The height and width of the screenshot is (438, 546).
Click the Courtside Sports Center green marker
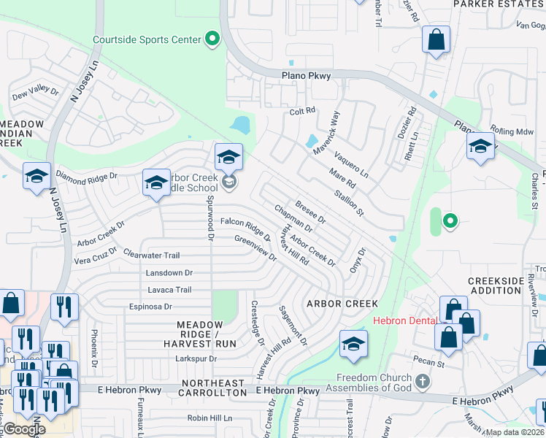click(212, 39)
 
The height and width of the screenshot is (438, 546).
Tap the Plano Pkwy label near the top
click(306, 75)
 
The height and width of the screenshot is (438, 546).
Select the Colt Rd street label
click(301, 111)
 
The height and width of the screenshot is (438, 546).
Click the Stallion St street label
click(349, 202)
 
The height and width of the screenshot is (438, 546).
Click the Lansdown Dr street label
click(169, 272)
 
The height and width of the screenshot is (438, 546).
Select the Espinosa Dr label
click(150, 307)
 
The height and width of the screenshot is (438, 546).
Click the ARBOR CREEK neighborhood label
click(342, 303)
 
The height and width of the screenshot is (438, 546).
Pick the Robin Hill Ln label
click(209, 418)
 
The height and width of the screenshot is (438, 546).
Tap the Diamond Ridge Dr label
click(87, 177)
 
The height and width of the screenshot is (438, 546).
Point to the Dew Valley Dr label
click(35, 92)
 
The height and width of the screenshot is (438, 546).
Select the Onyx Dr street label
click(356, 259)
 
